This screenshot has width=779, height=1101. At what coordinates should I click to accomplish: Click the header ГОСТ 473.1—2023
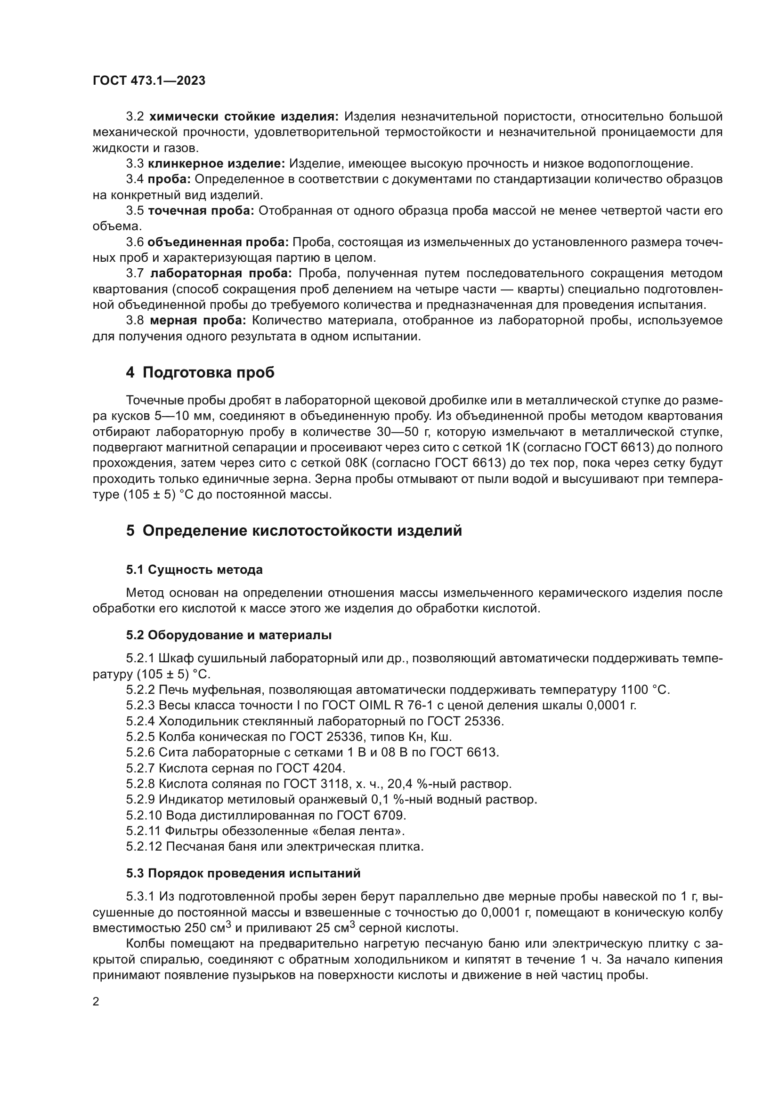[x=149, y=80]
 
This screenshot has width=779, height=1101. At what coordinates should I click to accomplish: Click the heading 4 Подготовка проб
[x=200, y=372]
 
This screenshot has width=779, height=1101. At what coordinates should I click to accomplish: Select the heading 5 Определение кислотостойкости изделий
[x=293, y=531]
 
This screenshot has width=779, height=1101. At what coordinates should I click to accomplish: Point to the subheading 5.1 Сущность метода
[x=194, y=570]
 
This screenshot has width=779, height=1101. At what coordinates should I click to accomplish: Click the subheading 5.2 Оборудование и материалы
[x=229, y=635]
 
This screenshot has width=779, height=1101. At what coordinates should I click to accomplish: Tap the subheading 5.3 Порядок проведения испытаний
[x=243, y=873]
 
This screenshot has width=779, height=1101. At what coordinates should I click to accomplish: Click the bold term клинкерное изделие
[x=216, y=164]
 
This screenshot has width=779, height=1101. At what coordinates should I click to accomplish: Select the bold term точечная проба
[x=201, y=211]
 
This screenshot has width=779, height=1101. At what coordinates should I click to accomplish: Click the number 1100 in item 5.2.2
[x=634, y=690]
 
